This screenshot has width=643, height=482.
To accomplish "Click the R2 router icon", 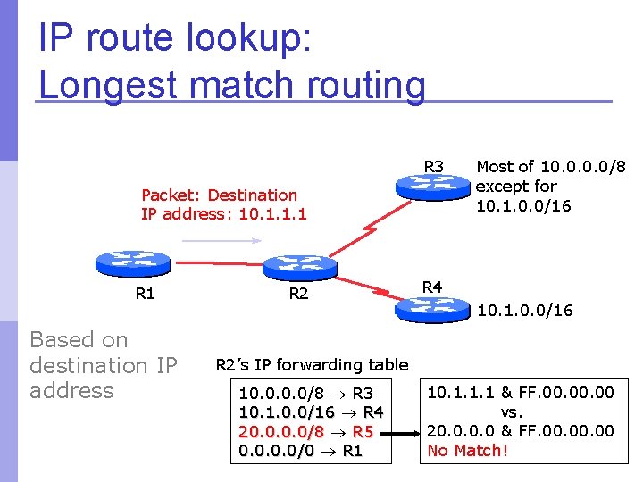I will (300, 265).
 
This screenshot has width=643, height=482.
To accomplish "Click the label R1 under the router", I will (145, 293).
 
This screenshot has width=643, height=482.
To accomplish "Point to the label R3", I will (434, 166).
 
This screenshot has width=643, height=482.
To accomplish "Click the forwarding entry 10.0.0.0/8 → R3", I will (306, 393).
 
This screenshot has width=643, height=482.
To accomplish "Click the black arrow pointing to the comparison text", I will (402, 432).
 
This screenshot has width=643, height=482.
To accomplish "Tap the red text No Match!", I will (468, 451).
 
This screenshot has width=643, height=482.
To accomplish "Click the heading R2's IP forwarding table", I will (312, 364).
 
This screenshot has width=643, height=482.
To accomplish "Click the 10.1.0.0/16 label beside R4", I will (525, 311).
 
